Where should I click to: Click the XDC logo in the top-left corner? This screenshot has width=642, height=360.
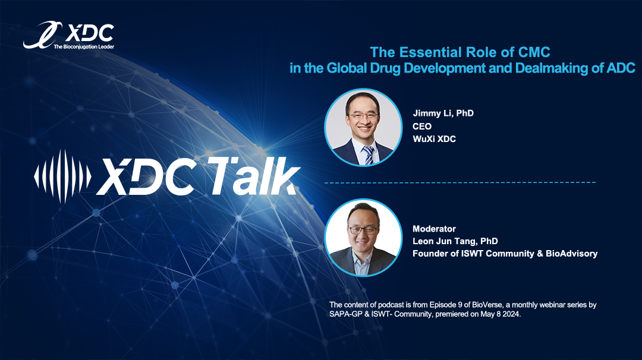pyautogui.click(x=69, y=35)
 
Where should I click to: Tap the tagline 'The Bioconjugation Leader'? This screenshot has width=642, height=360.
pyautogui.click(x=84, y=47)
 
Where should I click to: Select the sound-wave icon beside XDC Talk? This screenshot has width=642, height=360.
pyautogui.click(x=62, y=176)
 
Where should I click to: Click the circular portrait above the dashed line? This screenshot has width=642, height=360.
pyautogui.click(x=363, y=127)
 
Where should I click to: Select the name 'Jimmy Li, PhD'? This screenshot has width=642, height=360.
pyautogui.click(x=443, y=113)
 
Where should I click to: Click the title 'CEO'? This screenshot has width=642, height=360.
pyautogui.click(x=422, y=127)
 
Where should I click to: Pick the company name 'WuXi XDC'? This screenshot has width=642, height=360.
pyautogui.click(x=435, y=139)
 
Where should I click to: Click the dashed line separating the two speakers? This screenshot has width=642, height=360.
pyautogui.click(x=460, y=182)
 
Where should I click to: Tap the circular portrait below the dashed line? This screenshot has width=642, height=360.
pyautogui.click(x=363, y=238)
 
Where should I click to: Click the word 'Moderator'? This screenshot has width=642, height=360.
pyautogui.click(x=434, y=229)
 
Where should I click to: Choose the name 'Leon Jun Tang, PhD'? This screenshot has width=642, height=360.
pyautogui.click(x=455, y=241)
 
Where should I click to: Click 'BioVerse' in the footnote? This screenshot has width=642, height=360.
pyautogui.click(x=487, y=305)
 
